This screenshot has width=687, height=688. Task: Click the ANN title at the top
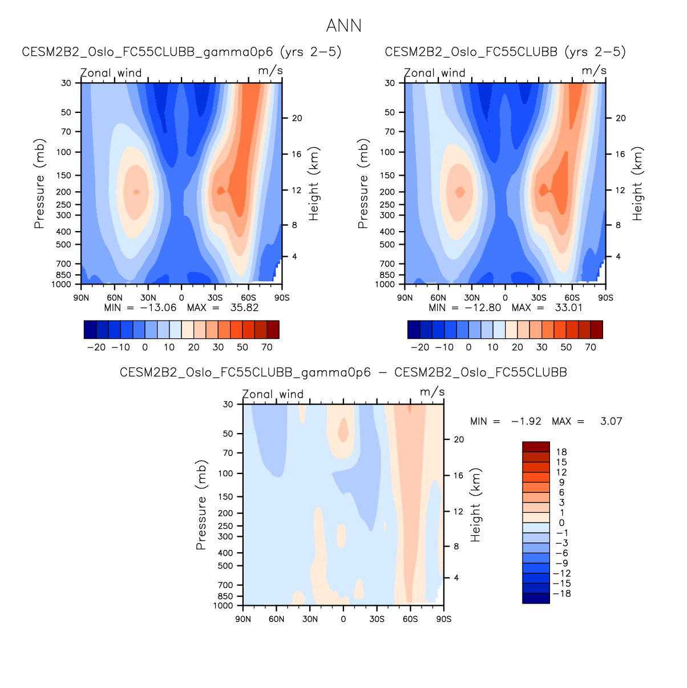(x=343, y=26)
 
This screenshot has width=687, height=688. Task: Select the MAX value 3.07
(x=611, y=421)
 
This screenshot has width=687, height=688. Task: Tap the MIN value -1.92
(x=526, y=421)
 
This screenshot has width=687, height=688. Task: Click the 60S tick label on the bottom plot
(x=410, y=619)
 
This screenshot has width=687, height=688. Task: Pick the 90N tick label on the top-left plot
(x=82, y=298)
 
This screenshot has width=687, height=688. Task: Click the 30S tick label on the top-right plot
(x=539, y=298)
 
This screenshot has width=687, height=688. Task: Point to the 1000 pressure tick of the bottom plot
(x=223, y=605)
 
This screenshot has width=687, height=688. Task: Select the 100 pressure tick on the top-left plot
(x=64, y=152)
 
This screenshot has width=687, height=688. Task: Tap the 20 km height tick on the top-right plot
(x=621, y=118)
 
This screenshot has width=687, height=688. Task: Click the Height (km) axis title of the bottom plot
(x=476, y=505)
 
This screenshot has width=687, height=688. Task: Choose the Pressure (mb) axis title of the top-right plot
(x=363, y=184)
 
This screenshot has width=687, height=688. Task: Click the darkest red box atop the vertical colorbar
(x=536, y=447)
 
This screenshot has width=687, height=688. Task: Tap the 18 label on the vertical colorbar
(x=561, y=452)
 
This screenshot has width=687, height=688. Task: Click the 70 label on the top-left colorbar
(x=267, y=347)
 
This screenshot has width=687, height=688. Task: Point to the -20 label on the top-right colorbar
(x=420, y=347)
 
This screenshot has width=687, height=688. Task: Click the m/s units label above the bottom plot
(x=432, y=392)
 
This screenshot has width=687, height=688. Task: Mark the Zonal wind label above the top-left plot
(x=111, y=73)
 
